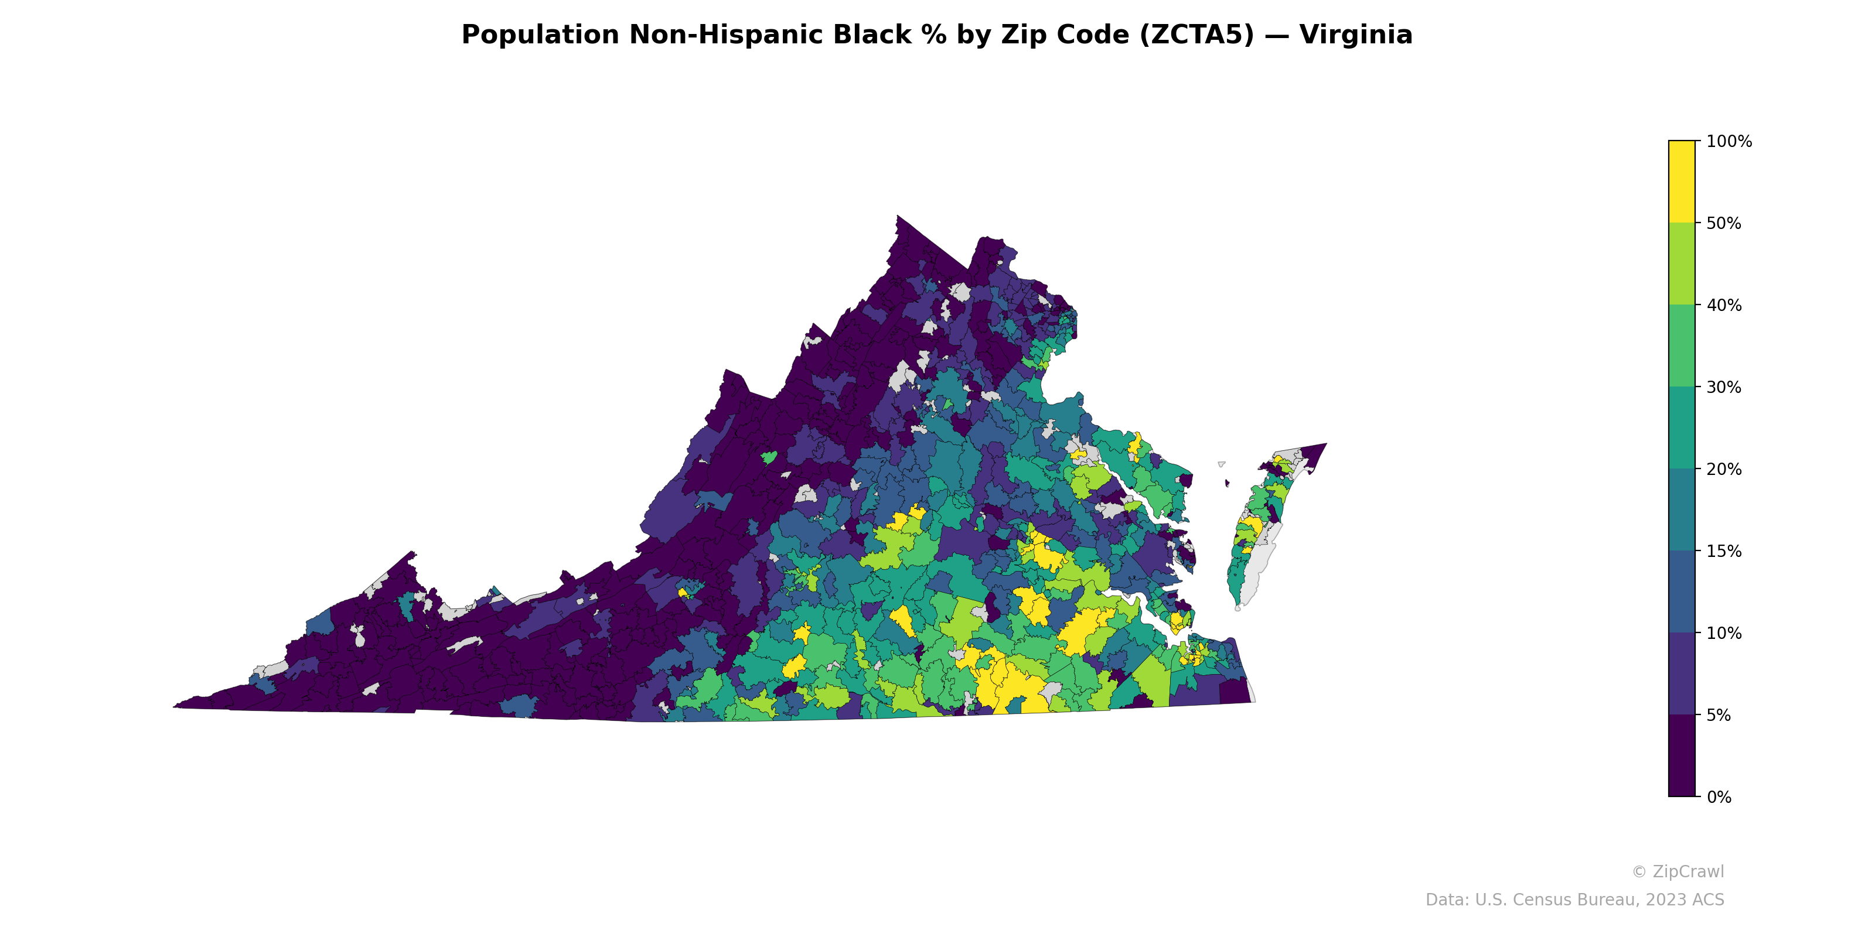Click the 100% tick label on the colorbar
[1729, 142]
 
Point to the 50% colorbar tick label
[1724, 223]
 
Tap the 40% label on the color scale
[1724, 306]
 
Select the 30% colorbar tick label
[1724, 387]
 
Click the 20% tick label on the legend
[1724, 469]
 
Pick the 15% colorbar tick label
[1724, 552]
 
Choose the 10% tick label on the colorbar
[1724, 633]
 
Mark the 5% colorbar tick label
[1719, 715]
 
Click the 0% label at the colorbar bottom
[1719, 797]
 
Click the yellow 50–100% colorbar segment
[1682, 182]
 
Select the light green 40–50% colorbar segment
[1682, 264]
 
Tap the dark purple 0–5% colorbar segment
[1682, 756]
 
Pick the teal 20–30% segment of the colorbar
[1682, 428]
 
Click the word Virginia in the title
[1355, 35]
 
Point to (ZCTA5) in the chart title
[1196, 35]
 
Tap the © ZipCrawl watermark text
[1677, 871]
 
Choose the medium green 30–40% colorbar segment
[1682, 346]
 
